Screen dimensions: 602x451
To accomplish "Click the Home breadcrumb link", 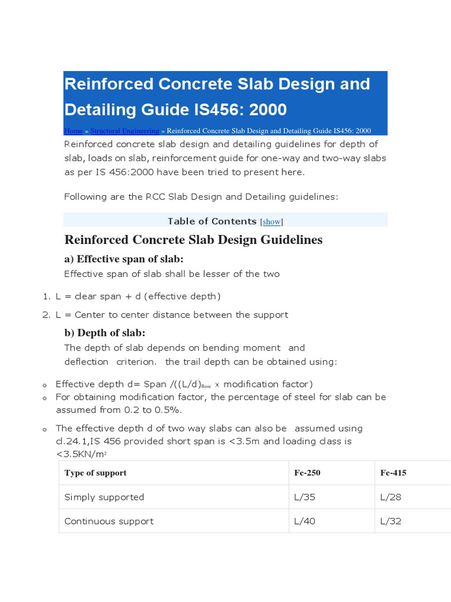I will (x=73, y=131).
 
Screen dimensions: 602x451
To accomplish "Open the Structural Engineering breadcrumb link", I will (x=124, y=131).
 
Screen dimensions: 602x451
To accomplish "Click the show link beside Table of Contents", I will (x=272, y=222).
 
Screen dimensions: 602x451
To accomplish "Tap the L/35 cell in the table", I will (x=304, y=497).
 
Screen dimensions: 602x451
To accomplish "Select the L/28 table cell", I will (x=391, y=497).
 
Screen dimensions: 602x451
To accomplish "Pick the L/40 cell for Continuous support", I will (x=304, y=521).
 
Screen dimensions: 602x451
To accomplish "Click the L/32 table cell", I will (x=391, y=521).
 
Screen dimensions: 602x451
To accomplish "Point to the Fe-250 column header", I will (x=307, y=473).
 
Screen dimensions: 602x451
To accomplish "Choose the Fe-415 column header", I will (x=393, y=473).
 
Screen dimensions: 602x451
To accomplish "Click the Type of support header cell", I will (x=95, y=473).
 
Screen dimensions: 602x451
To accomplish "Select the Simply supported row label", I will (x=104, y=497).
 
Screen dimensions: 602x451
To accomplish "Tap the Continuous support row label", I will (x=109, y=521).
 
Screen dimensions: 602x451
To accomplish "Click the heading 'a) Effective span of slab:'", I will (x=124, y=259).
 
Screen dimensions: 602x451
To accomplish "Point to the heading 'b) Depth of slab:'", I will (x=105, y=333).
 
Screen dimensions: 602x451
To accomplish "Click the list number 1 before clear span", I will (x=46, y=296).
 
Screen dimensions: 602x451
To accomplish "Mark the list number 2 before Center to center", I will (x=46, y=315).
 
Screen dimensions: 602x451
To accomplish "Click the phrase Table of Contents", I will (x=212, y=221).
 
